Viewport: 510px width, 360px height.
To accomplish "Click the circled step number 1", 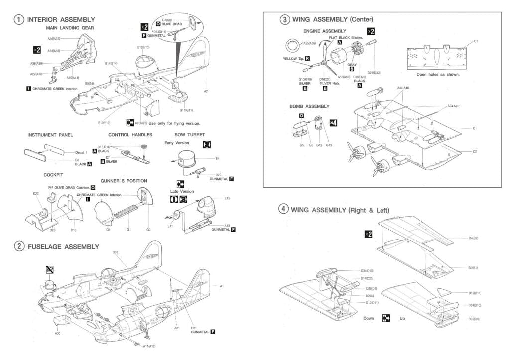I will [x=18, y=20].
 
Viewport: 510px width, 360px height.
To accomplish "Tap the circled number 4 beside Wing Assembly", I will [x=283, y=209].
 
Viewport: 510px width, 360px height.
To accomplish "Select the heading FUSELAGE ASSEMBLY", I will [x=63, y=246].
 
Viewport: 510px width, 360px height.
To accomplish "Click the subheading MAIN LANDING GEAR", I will [x=70, y=28].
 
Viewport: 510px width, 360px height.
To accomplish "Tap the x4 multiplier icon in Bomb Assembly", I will [x=333, y=122].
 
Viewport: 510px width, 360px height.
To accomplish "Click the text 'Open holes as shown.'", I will [x=438, y=74].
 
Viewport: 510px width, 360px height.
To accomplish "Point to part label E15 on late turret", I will [x=227, y=198].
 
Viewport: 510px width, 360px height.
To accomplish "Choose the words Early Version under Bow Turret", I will [x=177, y=143].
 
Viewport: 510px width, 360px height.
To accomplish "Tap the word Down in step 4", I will [x=368, y=318].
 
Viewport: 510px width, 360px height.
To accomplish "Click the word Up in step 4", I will [x=402, y=318].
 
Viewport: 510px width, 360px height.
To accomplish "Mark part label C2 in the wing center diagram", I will [x=475, y=151].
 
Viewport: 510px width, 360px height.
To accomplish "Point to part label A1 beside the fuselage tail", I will [x=222, y=286].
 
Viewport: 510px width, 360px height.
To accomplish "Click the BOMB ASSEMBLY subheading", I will [x=309, y=106].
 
